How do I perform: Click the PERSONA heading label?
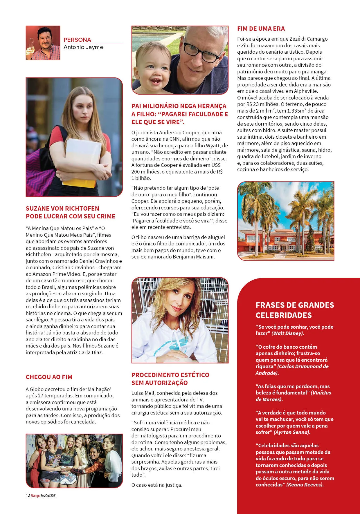pyautogui.click(x=77, y=40)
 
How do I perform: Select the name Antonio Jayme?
pyautogui.click(x=83, y=47)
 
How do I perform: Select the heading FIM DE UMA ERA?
pyautogui.click(x=261, y=29)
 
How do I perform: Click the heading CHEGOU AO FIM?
pyautogui.click(x=49, y=377)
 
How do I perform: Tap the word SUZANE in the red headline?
pyautogui.click(x=37, y=209)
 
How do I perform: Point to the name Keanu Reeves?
pyautogui.click(x=305, y=485)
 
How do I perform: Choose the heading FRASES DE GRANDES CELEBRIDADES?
pyautogui.click(x=295, y=310)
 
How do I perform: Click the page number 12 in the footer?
pyautogui.click(x=28, y=495)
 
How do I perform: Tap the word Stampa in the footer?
pyautogui.click(x=35, y=496)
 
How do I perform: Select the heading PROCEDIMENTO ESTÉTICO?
pyautogui.click(x=170, y=375)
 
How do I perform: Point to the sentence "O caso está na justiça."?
pyautogui.click(x=157, y=485)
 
